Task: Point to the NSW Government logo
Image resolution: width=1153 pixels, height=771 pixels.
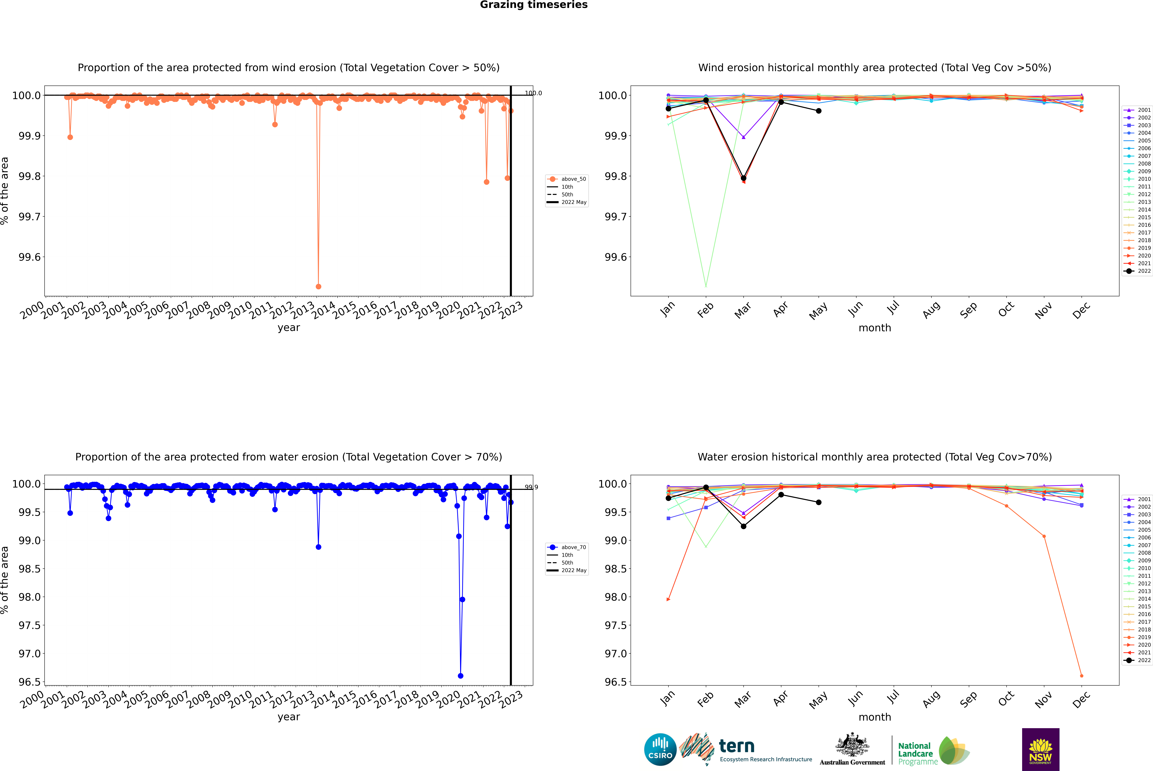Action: (x=1040, y=749)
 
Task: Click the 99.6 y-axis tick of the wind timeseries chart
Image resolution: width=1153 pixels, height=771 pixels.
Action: (x=30, y=257)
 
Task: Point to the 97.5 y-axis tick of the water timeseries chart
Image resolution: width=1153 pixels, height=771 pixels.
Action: (x=30, y=625)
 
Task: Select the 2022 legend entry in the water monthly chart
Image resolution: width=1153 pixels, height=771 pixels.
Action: (x=1144, y=660)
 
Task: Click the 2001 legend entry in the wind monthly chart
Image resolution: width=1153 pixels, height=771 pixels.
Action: (x=1144, y=110)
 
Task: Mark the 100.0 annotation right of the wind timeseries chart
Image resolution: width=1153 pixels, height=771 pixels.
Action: (x=533, y=93)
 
